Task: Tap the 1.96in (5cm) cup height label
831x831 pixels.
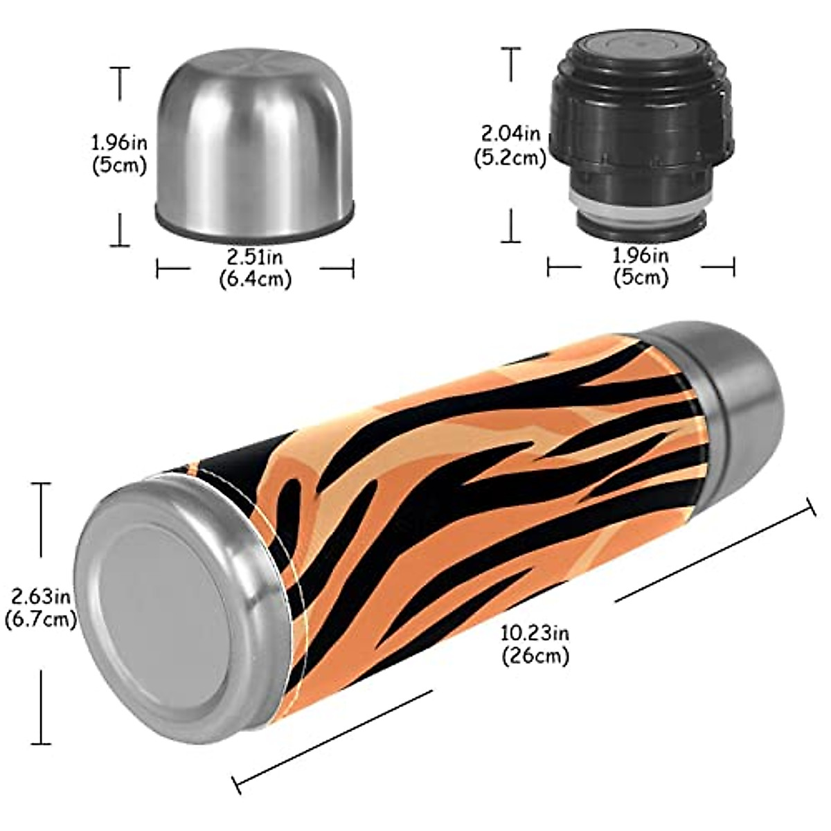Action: (119, 154)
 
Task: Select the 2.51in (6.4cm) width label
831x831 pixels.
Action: (255, 268)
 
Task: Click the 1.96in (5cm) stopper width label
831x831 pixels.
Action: (641, 267)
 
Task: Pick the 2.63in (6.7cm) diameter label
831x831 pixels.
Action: (39, 607)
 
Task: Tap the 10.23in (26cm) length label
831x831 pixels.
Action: (535, 643)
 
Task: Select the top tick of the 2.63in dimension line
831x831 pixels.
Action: (41, 484)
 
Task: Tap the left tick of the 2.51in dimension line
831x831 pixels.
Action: (158, 268)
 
